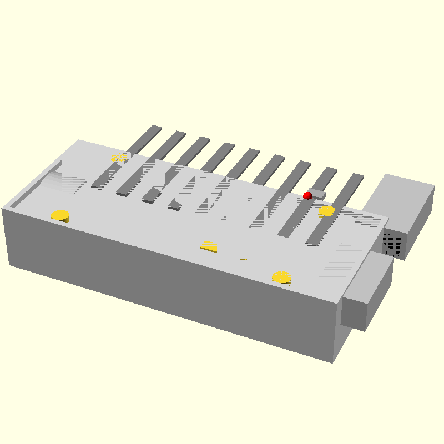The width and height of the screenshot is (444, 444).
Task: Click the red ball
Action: [x=307, y=195]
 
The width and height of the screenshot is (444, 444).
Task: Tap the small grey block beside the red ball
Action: [x=317, y=194]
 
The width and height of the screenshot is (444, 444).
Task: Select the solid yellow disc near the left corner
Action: [x=60, y=215]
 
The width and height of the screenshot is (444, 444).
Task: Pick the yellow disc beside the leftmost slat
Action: [x=119, y=158]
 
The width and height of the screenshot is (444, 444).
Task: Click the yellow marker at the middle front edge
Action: [x=209, y=246]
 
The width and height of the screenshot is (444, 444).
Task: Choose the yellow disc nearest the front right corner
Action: [x=282, y=277]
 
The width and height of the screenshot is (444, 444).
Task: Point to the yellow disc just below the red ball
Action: [x=326, y=211]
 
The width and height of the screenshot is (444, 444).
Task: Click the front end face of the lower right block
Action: [x=354, y=313]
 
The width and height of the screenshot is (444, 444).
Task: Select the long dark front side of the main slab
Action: [x=167, y=283]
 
